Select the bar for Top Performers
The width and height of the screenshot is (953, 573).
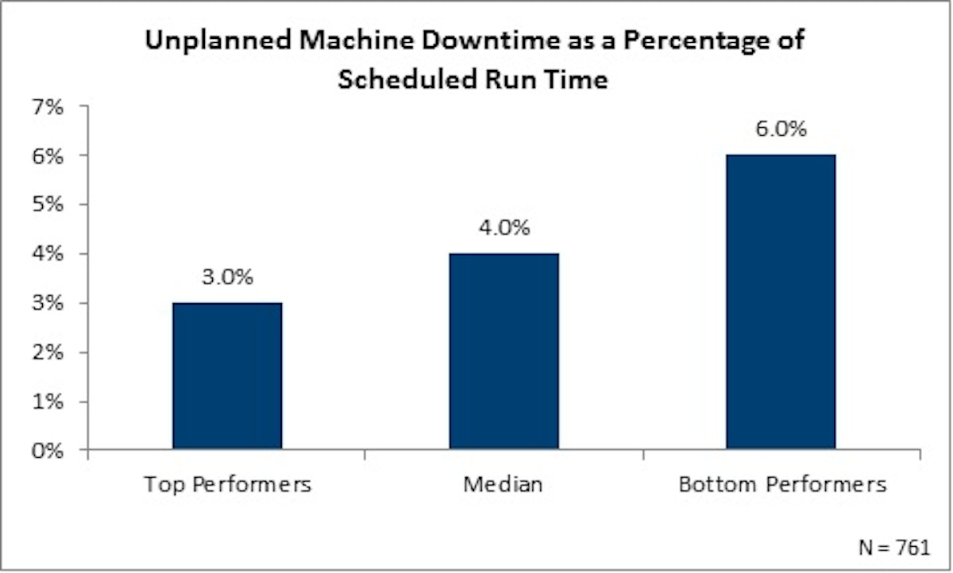click(226, 376)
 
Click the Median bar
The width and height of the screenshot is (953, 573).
click(504, 352)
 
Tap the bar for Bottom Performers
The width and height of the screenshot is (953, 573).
click(781, 302)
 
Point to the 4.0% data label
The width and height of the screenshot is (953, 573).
click(504, 229)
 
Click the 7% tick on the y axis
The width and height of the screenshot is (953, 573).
click(48, 106)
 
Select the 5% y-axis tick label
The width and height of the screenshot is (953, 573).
click(48, 205)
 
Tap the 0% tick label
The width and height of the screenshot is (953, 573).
click(48, 451)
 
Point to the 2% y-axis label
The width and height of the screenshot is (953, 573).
click(48, 352)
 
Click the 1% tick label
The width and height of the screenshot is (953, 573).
click(48, 402)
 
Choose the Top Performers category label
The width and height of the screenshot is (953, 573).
click(227, 484)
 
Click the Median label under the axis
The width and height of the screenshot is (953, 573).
click(504, 484)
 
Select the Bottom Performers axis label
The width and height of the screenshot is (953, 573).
click(782, 484)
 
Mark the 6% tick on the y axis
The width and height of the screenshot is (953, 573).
click(48, 156)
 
